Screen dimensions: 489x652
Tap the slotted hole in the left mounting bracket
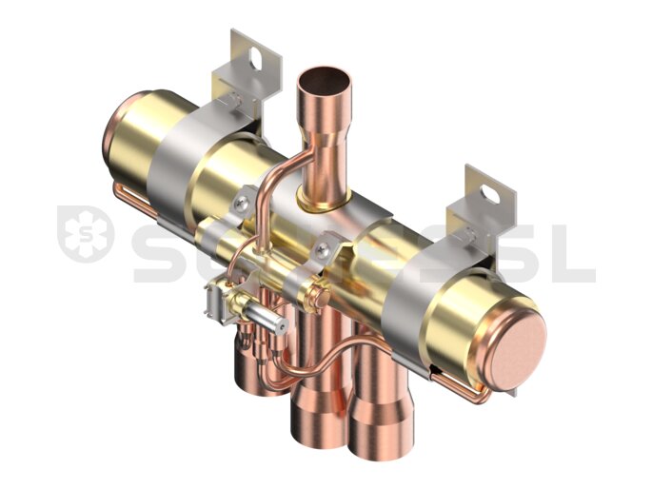254,58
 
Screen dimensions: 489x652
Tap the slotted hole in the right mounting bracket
489,194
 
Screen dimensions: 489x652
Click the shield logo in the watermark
86,233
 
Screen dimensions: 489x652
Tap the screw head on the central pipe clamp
323,250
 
